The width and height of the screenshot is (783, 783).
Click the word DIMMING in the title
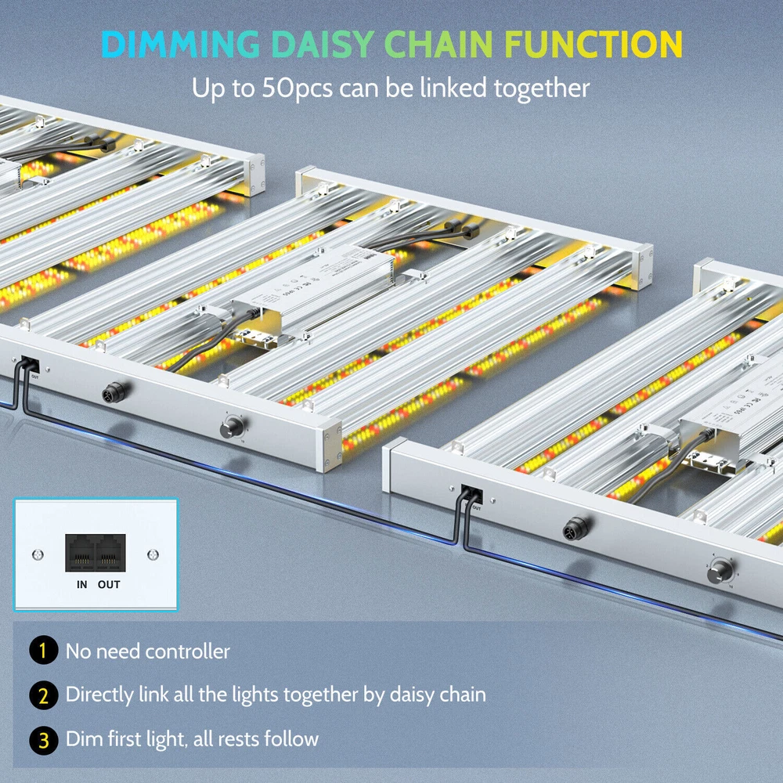point(181,44)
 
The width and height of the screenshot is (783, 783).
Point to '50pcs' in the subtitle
point(286,88)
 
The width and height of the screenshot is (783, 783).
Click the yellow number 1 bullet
point(44,651)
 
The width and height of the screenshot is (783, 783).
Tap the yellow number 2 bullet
point(44,695)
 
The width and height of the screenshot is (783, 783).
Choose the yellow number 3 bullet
point(44,738)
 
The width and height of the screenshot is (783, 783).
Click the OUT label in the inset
point(110,584)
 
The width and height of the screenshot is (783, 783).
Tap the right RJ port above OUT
point(110,553)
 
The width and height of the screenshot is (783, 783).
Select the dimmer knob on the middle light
point(232,428)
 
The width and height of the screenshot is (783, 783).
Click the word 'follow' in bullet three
point(292,738)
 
